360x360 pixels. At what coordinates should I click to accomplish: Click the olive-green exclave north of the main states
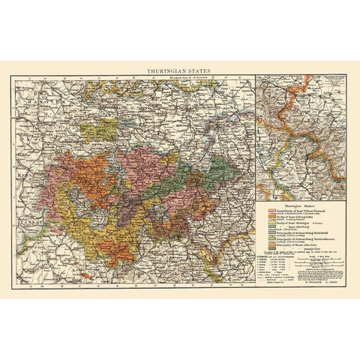click(95, 129)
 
